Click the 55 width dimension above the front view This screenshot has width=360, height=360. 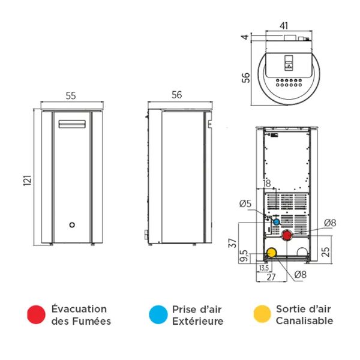coord(71,95)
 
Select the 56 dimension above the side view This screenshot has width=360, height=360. coord(176,95)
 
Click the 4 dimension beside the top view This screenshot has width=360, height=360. coord(244,37)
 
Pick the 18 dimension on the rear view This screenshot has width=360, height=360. coord(267,184)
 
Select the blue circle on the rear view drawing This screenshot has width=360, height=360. coord(277,221)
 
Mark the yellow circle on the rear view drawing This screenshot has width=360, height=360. coord(271,252)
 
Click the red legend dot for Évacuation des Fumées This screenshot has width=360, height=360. coord(37,314)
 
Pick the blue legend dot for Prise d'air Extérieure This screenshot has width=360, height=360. coord(158,314)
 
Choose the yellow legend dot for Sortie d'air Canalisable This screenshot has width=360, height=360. coord(262,314)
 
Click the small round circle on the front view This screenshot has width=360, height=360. coord(71,226)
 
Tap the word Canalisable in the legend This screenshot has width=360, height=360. coord(304,321)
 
